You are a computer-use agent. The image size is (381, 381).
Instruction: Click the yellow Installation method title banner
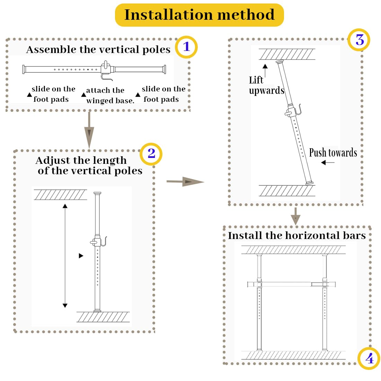[x=199, y=15]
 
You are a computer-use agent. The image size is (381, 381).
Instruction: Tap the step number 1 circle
[x=186, y=46]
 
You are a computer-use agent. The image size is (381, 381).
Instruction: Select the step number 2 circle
[x=151, y=153]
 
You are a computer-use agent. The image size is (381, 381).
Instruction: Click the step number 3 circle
[x=360, y=40]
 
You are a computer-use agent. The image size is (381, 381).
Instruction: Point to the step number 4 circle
[x=369, y=358]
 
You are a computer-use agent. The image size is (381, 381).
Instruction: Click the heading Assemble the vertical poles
[x=98, y=50]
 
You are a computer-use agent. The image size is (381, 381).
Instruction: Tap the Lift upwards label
[x=266, y=85]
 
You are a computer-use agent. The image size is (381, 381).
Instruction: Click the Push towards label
[x=333, y=153]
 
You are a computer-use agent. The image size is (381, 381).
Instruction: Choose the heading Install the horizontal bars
[x=296, y=236]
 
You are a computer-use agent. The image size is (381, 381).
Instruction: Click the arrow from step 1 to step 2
[x=89, y=130]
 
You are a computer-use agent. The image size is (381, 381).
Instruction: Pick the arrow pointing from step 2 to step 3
[x=185, y=181]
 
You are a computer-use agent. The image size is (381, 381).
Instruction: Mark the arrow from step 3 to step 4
[x=295, y=216]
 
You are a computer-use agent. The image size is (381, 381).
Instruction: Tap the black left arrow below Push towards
[x=327, y=162]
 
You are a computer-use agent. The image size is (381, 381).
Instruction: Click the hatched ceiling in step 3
[x=287, y=54]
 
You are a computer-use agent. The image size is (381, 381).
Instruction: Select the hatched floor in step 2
[x=103, y=317]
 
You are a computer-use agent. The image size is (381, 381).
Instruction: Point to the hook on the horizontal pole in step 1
[x=106, y=76]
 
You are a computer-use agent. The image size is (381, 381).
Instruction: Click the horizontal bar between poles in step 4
[x=292, y=284]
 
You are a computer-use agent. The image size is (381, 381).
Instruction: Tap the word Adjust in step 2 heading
[x=50, y=160]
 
